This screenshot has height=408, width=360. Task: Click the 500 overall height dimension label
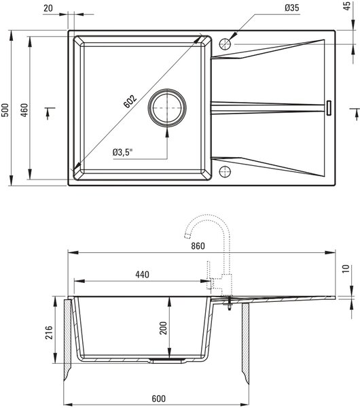(5, 110)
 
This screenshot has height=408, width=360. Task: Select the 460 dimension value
(24, 110)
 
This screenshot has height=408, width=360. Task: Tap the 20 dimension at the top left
(48, 8)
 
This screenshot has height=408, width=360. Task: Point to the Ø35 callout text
(291, 7)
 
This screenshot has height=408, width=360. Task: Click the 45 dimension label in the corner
(347, 5)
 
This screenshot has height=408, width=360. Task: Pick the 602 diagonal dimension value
(130, 101)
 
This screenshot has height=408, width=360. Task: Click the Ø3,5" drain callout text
(123, 152)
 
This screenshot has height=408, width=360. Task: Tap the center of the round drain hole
(167, 107)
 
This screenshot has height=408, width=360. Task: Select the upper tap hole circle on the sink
(225, 44)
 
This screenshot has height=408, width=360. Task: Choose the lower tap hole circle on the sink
(225, 172)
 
